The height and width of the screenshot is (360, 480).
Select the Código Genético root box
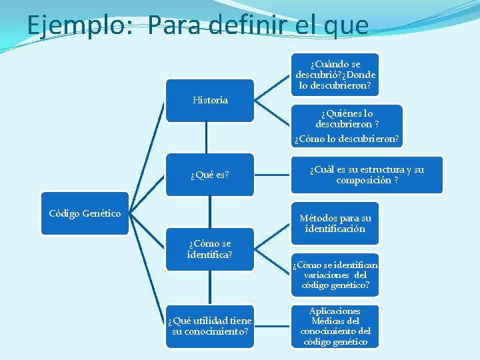tap(85, 213)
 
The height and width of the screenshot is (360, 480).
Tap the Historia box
tap(209, 101)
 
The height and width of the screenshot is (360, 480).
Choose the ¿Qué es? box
tap(209, 175)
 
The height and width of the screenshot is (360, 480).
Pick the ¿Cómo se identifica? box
tap(209, 249)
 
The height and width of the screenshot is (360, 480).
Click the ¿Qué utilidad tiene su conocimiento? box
tap(209, 326)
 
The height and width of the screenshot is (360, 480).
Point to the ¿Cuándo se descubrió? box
tap(335, 75)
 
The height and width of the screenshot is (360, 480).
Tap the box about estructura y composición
tap(367, 175)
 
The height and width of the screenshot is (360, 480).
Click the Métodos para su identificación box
tap(335, 223)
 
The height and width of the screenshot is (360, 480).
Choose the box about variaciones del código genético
tap(335, 275)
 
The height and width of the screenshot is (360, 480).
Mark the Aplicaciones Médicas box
tap(335, 326)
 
